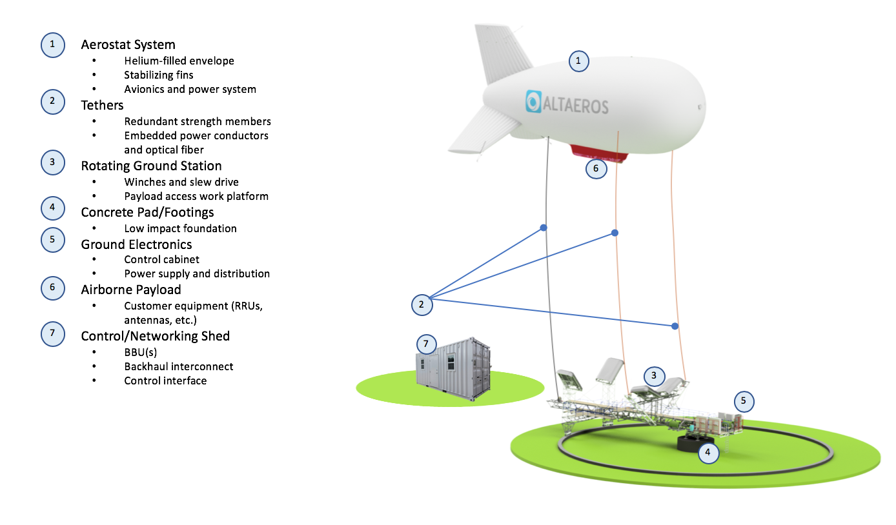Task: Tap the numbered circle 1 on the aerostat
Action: (578, 61)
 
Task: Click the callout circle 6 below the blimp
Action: (596, 169)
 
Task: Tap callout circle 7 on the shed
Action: (426, 344)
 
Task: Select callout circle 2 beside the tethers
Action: (422, 304)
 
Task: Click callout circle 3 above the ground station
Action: (654, 375)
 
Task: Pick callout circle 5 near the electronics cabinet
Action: (743, 401)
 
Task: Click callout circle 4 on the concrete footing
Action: (708, 452)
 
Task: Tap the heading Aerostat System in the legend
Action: (128, 45)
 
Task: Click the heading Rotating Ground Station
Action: (151, 166)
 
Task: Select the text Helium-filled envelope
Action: (179, 61)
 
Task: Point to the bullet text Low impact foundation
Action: (180, 228)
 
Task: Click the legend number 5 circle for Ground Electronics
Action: (52, 240)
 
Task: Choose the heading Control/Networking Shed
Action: (155, 336)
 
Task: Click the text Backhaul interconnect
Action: (178, 366)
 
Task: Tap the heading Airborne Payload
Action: (131, 290)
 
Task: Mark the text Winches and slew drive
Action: (181, 182)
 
